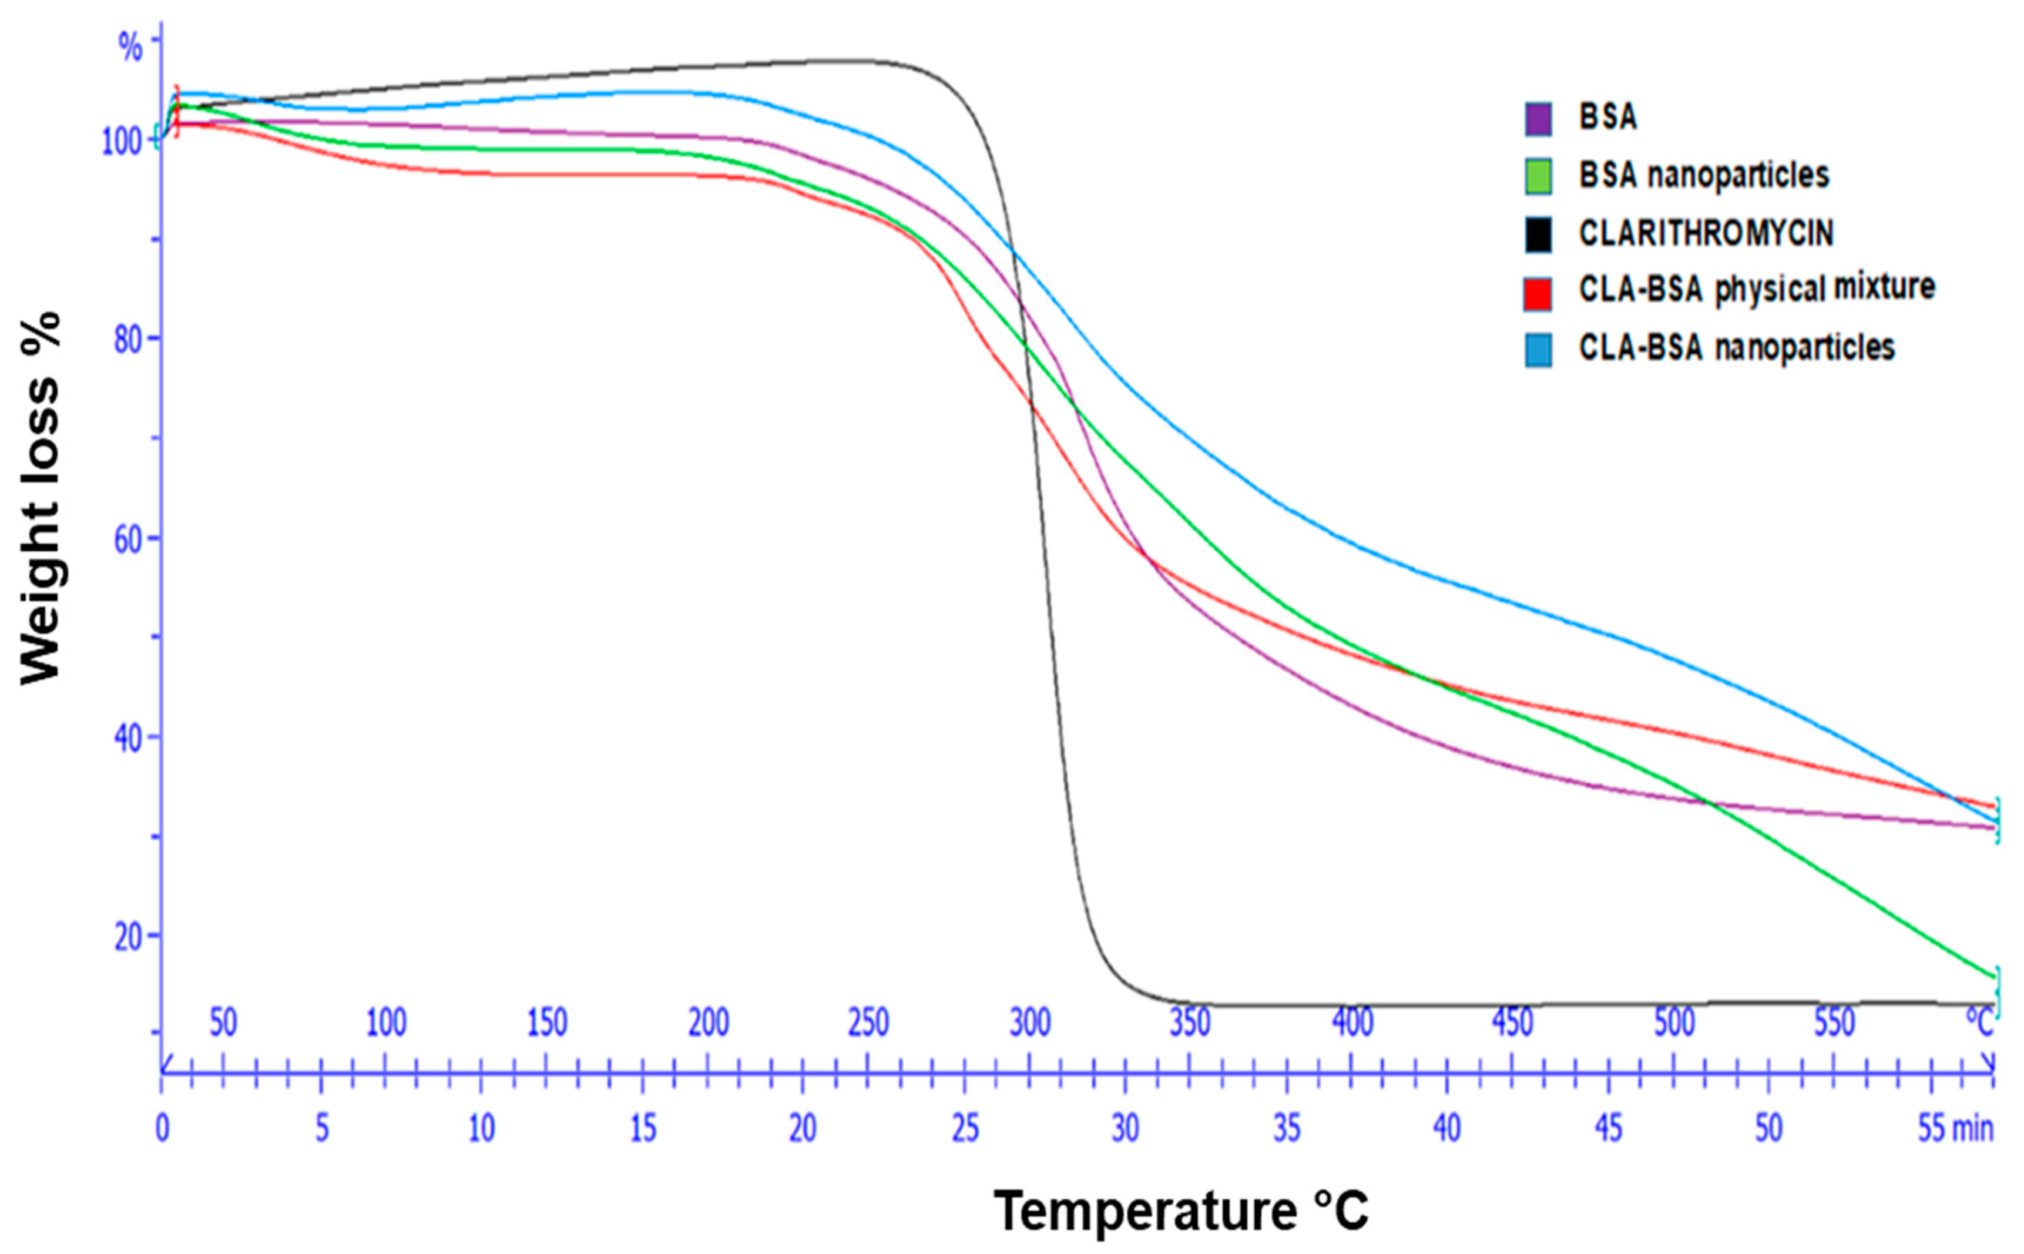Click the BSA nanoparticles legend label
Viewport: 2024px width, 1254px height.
click(x=1703, y=175)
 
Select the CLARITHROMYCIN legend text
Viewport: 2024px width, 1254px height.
click(x=1706, y=233)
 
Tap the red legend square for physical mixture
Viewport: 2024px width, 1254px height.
click(x=1538, y=294)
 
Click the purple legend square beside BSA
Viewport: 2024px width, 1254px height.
click(x=1538, y=119)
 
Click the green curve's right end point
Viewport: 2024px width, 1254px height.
click(x=1992, y=978)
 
